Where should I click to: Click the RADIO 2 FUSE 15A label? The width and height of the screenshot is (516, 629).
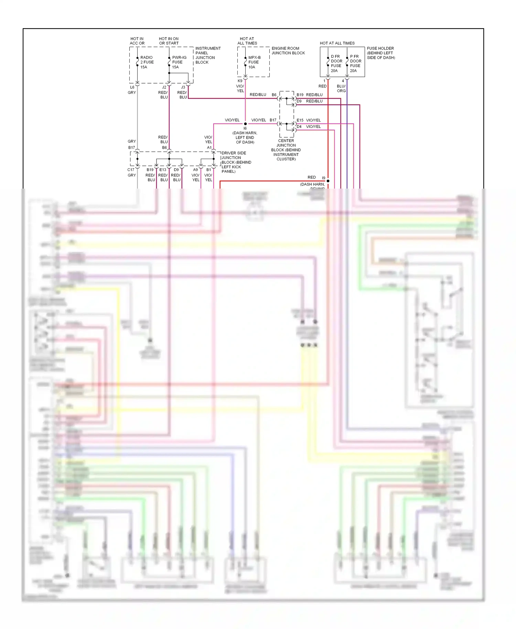147,62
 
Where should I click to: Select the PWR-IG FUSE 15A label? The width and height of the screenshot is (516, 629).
179,62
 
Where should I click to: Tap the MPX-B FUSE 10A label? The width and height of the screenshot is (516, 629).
254,62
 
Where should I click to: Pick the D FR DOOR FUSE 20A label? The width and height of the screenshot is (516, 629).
336,64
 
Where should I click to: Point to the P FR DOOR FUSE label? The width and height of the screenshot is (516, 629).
355,64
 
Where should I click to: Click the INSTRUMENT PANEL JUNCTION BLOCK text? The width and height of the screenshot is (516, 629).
207,55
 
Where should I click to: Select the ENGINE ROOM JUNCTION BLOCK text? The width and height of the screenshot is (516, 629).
288,51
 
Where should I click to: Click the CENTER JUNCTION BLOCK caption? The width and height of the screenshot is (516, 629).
286,150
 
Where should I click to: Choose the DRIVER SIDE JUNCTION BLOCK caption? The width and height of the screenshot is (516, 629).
236,162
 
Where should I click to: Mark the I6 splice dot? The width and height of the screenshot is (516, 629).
245,124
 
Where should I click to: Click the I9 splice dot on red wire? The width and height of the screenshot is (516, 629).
328,181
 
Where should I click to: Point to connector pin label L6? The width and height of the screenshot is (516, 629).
132,87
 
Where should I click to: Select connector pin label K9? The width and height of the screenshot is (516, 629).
240,81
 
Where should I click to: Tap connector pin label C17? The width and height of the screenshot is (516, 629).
131,170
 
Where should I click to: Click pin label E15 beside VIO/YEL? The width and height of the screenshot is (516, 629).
300,120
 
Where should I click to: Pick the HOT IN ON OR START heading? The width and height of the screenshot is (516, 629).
169,41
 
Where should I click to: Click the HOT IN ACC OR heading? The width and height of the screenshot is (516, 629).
137,41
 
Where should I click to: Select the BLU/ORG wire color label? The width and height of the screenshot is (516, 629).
341,88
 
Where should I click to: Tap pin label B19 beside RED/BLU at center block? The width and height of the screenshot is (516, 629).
300,95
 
